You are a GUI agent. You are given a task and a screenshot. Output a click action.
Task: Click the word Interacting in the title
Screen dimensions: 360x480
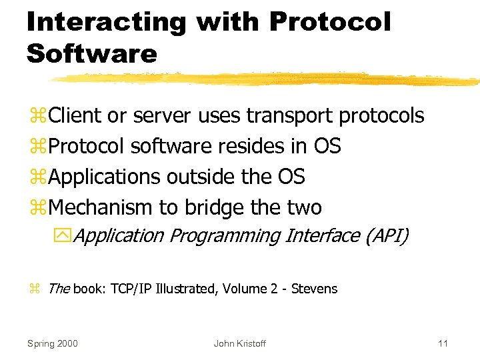(x=107, y=22)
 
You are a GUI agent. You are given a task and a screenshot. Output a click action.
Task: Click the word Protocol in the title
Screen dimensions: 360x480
(x=329, y=22)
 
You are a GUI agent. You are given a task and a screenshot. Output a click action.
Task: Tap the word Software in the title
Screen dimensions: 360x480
(x=91, y=53)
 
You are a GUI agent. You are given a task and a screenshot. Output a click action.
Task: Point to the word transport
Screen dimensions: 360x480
(x=291, y=116)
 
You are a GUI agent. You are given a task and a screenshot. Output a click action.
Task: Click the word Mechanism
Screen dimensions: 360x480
(x=101, y=208)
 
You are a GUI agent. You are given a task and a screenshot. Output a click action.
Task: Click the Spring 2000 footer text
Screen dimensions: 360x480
(x=52, y=343)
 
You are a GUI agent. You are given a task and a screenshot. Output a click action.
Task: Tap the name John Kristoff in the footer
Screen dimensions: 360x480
(x=239, y=343)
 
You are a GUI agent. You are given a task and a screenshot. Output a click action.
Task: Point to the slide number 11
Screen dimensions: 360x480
(x=443, y=343)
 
